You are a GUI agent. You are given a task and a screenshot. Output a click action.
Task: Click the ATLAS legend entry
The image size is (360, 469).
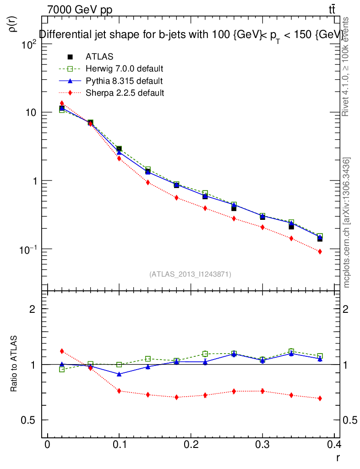pos(99,57)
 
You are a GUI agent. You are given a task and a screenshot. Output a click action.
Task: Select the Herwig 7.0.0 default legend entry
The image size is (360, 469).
pos(124,69)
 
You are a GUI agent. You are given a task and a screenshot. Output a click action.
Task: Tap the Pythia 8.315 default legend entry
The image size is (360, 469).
pos(124,81)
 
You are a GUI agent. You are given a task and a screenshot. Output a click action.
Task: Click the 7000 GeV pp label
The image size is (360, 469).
pos(80,10)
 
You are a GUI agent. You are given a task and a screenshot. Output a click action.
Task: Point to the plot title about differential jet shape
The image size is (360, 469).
pos(192,35)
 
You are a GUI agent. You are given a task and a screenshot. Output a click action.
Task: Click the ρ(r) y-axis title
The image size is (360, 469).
pos(13,23)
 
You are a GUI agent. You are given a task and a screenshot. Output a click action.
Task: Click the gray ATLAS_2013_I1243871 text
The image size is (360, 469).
pos(190,274)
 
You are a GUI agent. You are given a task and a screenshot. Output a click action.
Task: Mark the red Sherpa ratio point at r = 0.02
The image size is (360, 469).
pos(62,351)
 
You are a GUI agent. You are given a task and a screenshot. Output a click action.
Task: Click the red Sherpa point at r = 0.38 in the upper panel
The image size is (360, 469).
pos(320,251)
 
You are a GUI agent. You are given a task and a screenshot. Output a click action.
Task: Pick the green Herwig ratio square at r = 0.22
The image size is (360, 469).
pos(205,354)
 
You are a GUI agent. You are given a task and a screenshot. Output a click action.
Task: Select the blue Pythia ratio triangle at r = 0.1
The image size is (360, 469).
pos(119,374)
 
